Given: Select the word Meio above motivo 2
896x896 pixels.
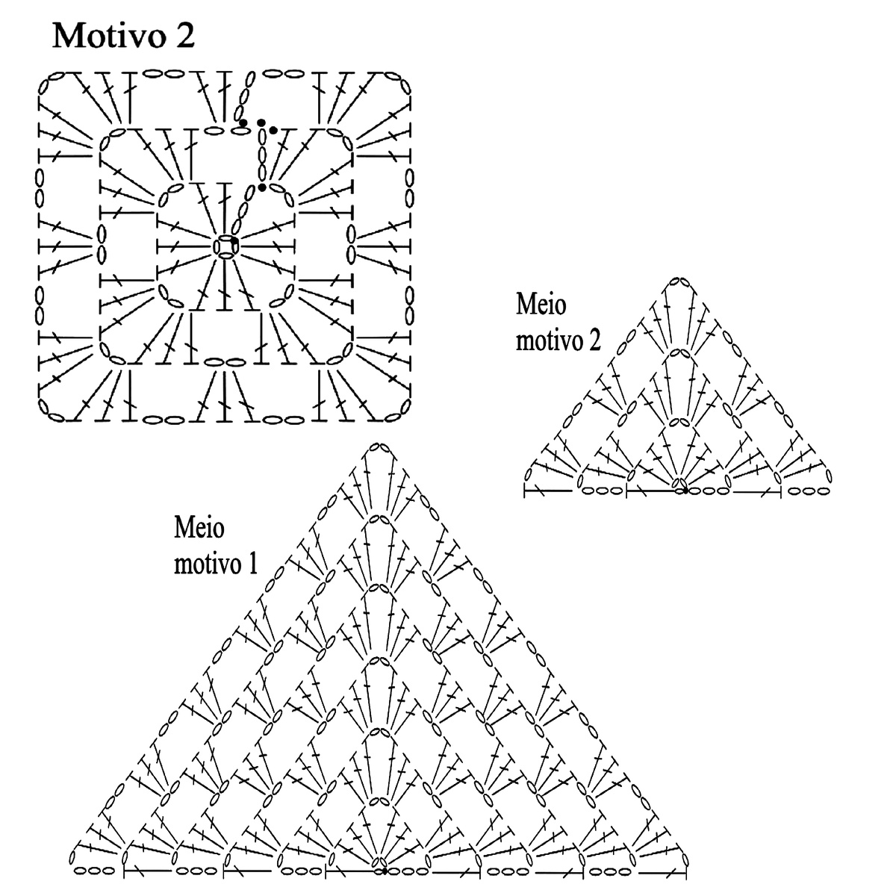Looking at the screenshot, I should click(541, 305).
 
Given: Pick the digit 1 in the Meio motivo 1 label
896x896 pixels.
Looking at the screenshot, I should click(253, 564).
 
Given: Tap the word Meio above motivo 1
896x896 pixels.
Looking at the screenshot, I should click(199, 528).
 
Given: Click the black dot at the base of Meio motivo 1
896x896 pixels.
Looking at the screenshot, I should click(384, 871).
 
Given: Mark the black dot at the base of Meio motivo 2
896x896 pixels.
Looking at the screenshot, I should click(685, 491).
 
